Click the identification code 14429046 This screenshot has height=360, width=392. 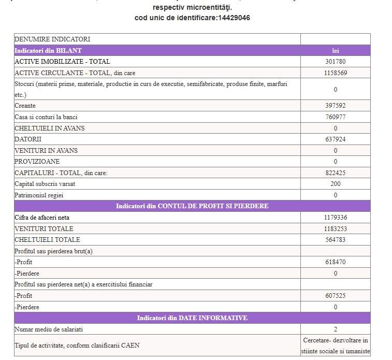[x=233, y=18]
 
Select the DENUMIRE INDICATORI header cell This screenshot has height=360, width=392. [x=52, y=39]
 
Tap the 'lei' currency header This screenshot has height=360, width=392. [x=335, y=50]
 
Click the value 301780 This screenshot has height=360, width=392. [x=335, y=62]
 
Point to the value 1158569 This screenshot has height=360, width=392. [x=335, y=73]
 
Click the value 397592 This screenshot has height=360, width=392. [x=335, y=106]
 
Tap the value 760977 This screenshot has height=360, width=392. [x=335, y=117]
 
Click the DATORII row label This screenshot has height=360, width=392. [x=28, y=139]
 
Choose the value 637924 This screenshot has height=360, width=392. [x=335, y=139]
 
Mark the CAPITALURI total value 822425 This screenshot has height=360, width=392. [x=335, y=172]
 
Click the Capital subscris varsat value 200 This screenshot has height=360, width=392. [x=335, y=184]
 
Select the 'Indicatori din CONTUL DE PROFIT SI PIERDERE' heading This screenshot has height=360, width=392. [x=192, y=206]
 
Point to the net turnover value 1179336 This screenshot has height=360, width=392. [x=335, y=218]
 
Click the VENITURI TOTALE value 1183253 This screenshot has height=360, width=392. [x=335, y=228]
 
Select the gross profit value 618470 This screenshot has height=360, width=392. [x=335, y=262]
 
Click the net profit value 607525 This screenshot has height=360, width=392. [x=335, y=296]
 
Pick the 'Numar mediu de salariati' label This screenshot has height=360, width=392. [x=49, y=329]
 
